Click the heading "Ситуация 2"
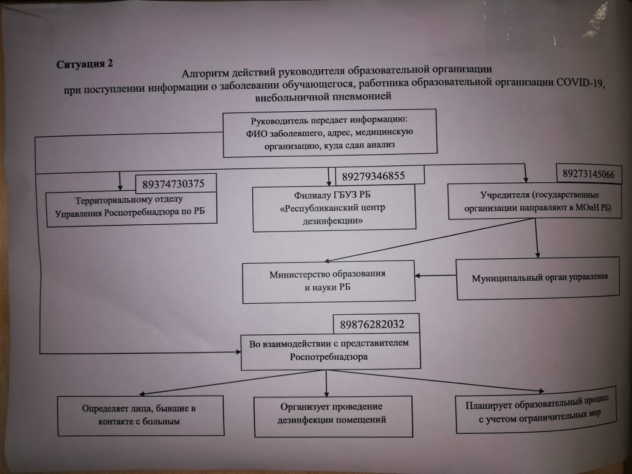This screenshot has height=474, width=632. coord(84,64)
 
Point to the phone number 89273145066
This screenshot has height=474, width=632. coord(588,174)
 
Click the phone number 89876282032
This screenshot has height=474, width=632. coord(369,324)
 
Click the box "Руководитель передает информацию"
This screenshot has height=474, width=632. coord(331,132)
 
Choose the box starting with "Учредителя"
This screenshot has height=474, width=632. coord(535,201)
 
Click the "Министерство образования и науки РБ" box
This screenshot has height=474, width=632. coord(328,281)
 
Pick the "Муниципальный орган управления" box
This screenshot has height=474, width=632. coord(539,279)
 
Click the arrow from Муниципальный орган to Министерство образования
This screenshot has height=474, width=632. coord(436,276)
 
